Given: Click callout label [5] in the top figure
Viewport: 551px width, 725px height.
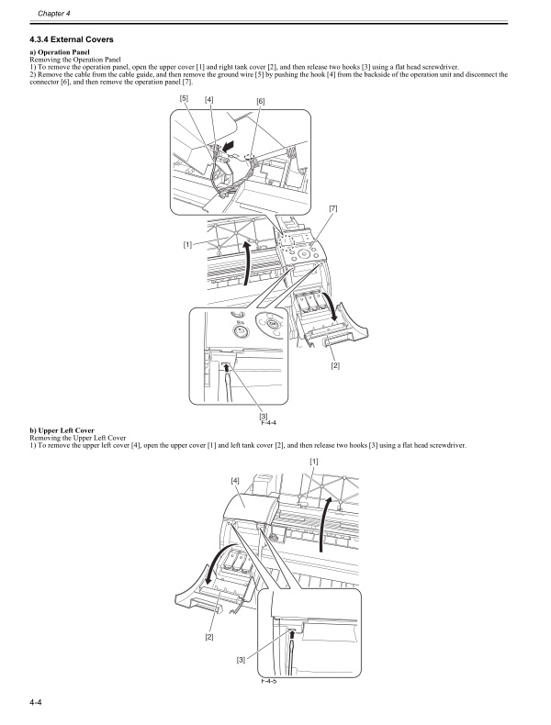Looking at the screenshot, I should click(x=184, y=98).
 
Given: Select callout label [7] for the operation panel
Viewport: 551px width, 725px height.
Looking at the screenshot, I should click(x=332, y=209).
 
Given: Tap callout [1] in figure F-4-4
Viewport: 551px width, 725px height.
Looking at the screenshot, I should click(x=187, y=244).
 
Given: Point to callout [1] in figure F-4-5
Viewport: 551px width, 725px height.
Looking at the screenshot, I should click(x=314, y=460).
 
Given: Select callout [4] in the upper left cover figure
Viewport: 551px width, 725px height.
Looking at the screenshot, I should click(x=235, y=480).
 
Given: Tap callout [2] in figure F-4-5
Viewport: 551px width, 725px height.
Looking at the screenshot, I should click(x=209, y=636).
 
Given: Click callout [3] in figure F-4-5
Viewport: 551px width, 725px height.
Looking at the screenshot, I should click(x=241, y=659).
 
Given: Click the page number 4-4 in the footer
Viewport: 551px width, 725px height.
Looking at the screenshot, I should click(x=37, y=703).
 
